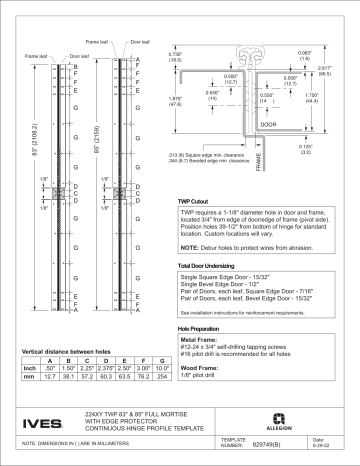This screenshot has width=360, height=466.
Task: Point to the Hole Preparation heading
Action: pyautogui.click(x=198, y=327)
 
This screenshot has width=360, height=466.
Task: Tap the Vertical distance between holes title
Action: pyautogui.click(x=65, y=351)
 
